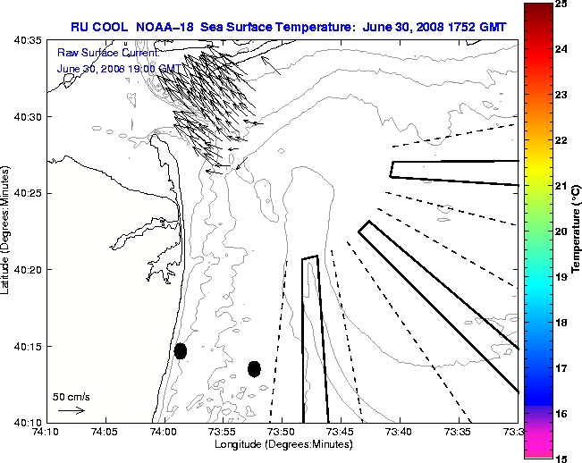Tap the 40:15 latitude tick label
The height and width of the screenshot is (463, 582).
pos(28,346)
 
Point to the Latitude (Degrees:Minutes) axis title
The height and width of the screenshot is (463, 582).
pos(7,231)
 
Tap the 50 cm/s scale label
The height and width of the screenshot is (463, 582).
pos(71,396)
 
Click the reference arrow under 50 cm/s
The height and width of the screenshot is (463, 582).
pos(71,411)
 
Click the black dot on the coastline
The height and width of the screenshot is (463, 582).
pos(181,351)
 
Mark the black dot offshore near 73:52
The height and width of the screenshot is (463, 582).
pos(254,368)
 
